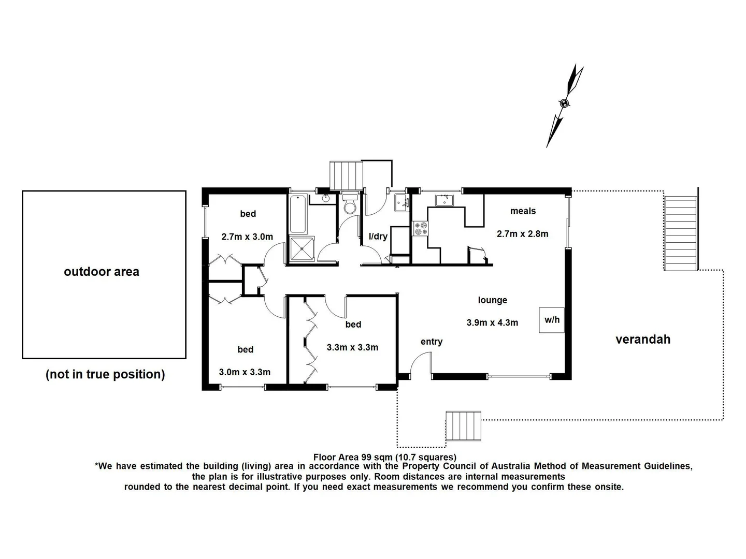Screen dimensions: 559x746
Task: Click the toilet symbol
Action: [350, 205]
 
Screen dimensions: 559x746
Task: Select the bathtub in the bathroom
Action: [298, 214]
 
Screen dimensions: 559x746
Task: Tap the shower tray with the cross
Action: [302, 249]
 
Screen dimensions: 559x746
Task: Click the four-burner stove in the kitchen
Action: [420, 228]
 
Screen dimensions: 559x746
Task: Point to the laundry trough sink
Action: [401, 202]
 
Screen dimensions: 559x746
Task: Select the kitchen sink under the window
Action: [444, 200]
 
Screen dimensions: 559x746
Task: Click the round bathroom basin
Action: [326, 199]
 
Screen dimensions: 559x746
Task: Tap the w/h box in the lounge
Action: [552, 320]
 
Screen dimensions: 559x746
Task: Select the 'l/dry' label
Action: [378, 237]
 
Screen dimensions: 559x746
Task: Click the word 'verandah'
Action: [643, 340]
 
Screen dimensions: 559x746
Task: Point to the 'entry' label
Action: [432, 342]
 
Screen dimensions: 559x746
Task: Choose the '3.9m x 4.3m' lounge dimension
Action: [492, 322]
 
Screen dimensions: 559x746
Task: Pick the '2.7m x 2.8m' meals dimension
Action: [522, 233]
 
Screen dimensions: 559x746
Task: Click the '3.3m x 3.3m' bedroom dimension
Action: [352, 347]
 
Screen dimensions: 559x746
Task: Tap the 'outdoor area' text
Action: [102, 272]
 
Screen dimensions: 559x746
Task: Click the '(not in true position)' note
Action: [105, 374]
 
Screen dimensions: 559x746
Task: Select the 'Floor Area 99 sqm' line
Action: [384, 457]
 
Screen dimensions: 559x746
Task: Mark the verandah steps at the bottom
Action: [464, 426]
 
